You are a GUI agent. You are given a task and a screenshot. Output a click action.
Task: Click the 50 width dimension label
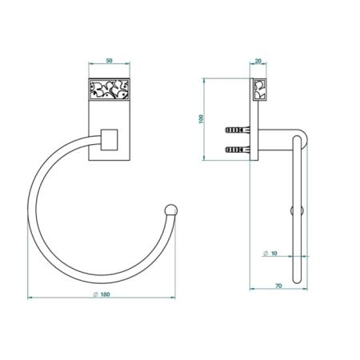(110, 61)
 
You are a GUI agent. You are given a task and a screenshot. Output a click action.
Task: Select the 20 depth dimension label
(258, 61)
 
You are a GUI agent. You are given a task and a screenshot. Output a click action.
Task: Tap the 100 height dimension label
(201, 118)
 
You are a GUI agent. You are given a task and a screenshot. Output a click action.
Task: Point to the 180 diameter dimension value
(106, 294)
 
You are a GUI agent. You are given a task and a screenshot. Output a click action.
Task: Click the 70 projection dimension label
(278, 286)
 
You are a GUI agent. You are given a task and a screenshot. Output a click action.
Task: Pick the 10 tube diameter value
(274, 254)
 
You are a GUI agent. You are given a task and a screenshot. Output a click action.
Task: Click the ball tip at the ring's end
(171, 210)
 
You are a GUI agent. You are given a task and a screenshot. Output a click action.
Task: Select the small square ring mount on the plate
(109, 140)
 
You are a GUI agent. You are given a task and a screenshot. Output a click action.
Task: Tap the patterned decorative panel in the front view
(109, 89)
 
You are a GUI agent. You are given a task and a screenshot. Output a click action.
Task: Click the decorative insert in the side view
(259, 90)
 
